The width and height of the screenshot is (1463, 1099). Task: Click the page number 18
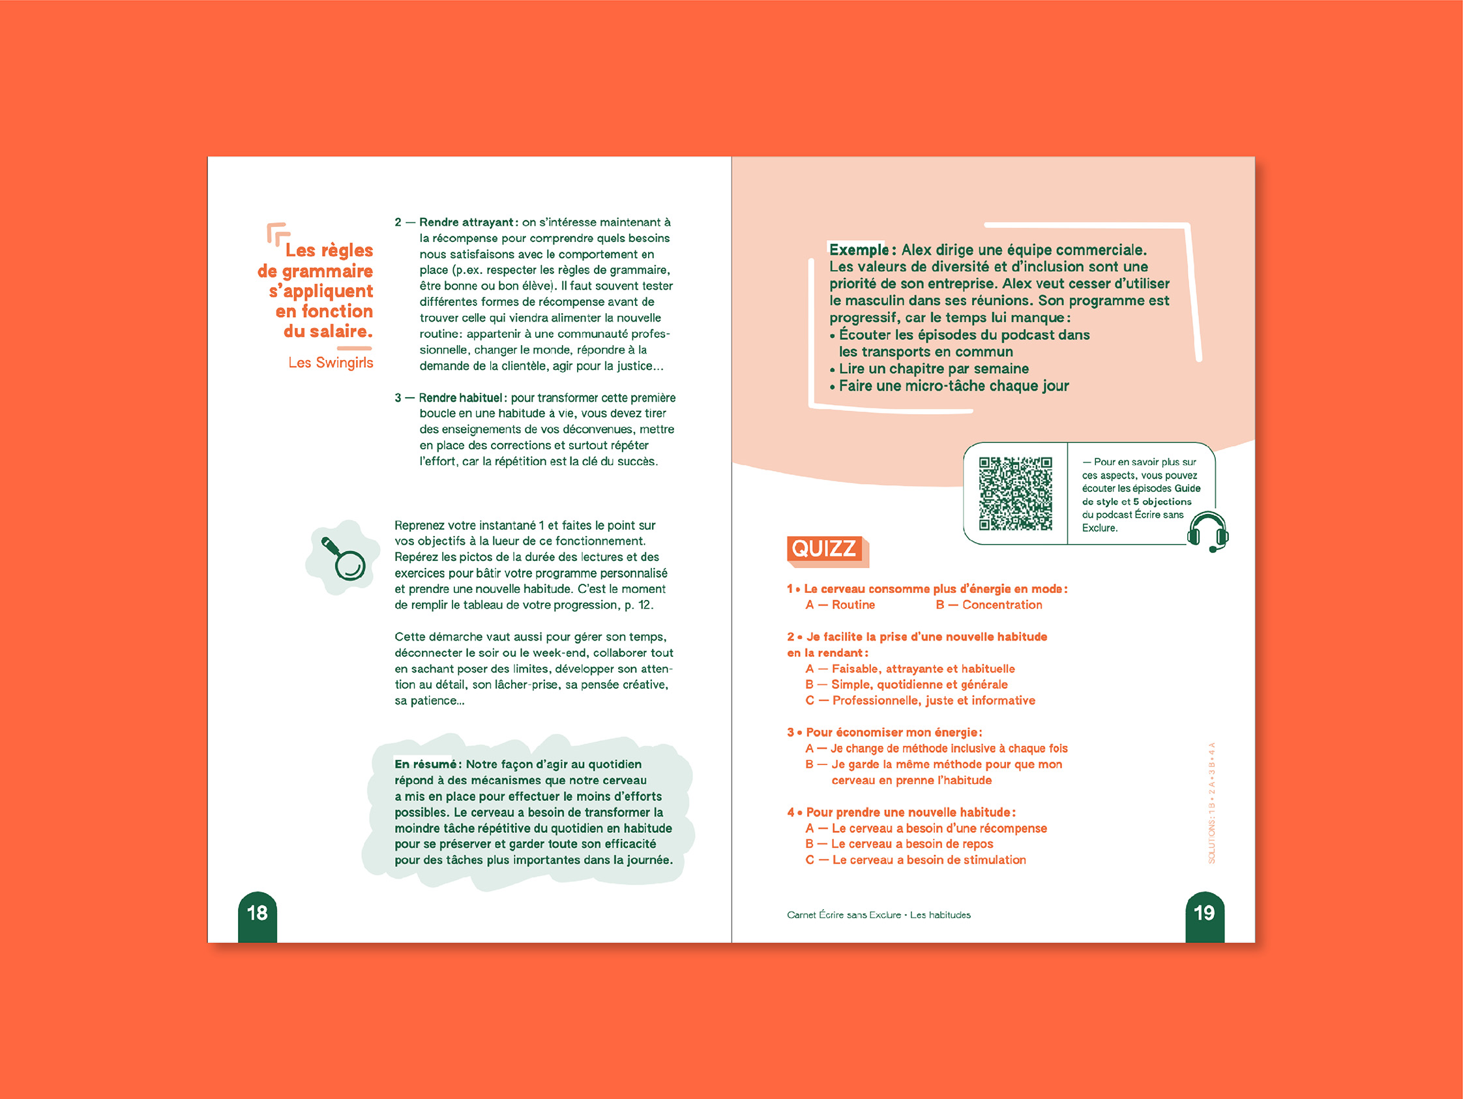(257, 913)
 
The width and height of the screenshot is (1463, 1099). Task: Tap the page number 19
(1204, 913)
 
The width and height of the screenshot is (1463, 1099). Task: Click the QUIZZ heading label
(824, 549)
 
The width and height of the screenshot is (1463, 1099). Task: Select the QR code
(1015, 493)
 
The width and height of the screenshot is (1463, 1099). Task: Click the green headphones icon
(1207, 532)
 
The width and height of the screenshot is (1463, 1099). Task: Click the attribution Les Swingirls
(330, 363)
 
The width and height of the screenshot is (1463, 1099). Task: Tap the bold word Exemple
(859, 249)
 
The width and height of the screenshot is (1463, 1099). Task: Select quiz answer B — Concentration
(989, 605)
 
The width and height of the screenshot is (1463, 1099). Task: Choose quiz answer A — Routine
(840, 605)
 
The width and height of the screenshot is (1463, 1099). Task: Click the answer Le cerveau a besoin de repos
(911, 843)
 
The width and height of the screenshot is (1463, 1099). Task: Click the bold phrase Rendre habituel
(460, 398)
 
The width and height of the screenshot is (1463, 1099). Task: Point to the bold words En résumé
(425, 764)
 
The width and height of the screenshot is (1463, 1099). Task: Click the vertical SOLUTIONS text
(1212, 804)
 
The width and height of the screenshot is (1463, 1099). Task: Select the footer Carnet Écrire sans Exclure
(844, 915)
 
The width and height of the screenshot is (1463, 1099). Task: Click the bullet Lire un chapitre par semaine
(933, 369)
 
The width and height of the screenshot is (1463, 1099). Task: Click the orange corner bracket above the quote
(277, 233)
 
